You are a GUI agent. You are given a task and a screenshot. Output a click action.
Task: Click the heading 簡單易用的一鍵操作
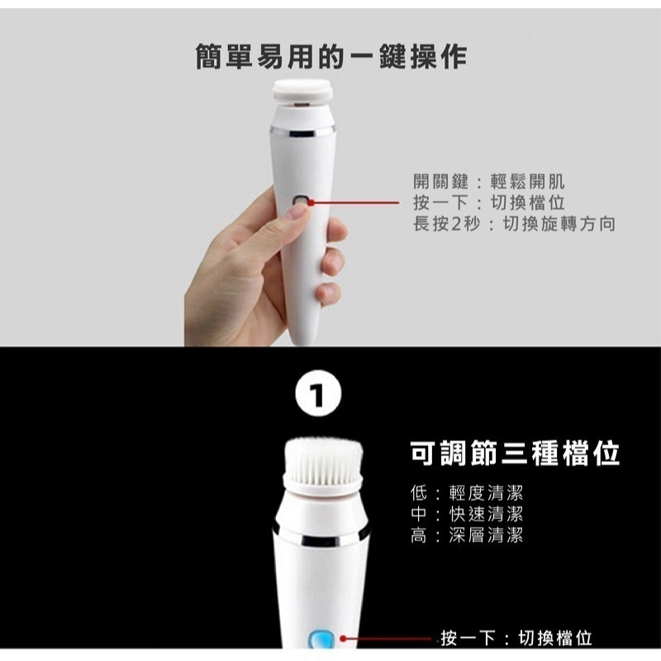click(330, 56)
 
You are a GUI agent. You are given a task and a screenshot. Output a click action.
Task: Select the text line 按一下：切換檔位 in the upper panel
click(488, 203)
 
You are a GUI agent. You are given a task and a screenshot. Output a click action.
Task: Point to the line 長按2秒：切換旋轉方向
click(514, 224)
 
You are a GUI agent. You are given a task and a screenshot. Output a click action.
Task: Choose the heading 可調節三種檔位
click(515, 453)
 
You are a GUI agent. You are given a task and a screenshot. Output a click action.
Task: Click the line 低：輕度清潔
click(467, 493)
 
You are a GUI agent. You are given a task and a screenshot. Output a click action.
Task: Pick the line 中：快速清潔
click(467, 514)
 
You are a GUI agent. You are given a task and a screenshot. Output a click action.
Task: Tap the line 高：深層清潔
click(467, 535)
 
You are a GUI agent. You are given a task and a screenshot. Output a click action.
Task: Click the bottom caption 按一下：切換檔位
click(516, 638)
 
